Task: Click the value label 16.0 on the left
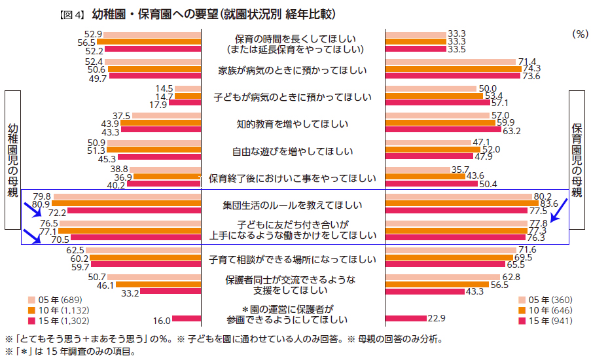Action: coord(162,320)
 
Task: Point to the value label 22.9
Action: coord(437,318)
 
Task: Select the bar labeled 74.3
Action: coord(453,69)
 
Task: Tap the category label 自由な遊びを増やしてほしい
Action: coord(292,152)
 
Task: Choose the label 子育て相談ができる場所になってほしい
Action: coord(292,258)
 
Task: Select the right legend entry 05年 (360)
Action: coord(548,299)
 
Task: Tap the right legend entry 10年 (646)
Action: coord(548,310)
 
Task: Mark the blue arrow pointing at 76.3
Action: coord(559,212)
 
